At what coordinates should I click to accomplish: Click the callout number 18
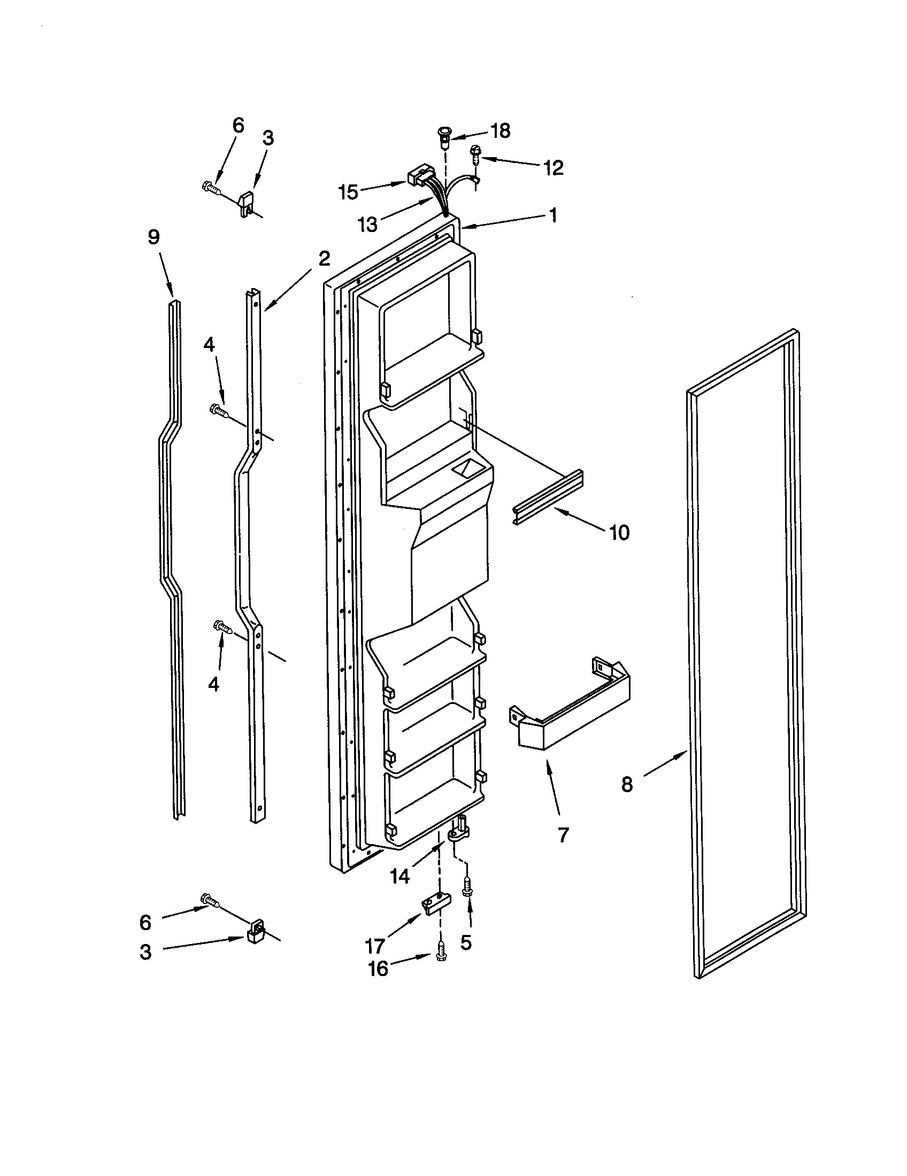point(501,131)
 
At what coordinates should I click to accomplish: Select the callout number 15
point(349,192)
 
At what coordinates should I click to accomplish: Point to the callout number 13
point(368,224)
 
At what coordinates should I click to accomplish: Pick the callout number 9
point(154,237)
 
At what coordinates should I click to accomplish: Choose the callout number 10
point(619,533)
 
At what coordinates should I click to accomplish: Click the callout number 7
point(563,834)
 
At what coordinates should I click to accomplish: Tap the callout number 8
point(627,785)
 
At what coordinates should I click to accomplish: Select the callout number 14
point(399,877)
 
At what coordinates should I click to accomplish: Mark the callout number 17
point(375,946)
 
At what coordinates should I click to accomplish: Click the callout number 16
point(378,969)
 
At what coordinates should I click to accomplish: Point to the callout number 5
point(466,942)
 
